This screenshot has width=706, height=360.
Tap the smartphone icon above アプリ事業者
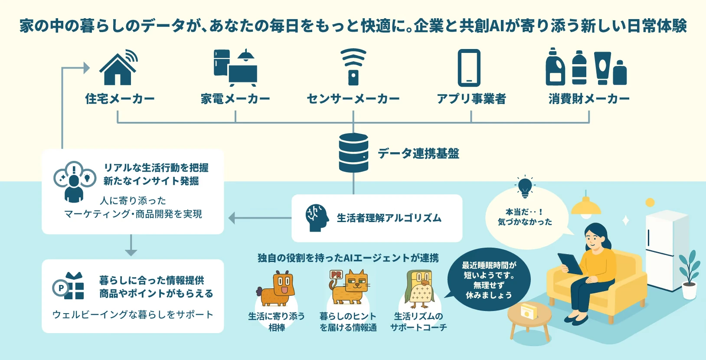pyautogui.click(x=469, y=68)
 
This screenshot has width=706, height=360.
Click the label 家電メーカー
pyautogui.click(x=235, y=99)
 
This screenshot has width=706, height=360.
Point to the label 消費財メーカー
pyautogui.click(x=588, y=99)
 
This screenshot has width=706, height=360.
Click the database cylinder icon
pyautogui.click(x=353, y=153)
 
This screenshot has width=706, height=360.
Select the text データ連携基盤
pyautogui.click(x=418, y=153)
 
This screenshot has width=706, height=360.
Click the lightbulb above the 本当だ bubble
pyautogui.click(x=525, y=187)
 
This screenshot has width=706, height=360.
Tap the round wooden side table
pyautogui.click(x=529, y=319)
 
